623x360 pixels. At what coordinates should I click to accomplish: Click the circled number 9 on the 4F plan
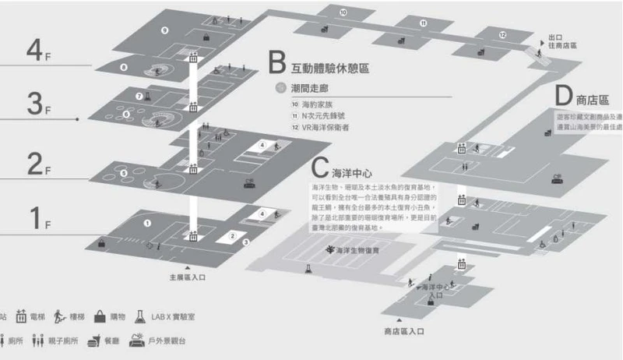[x=164, y=30]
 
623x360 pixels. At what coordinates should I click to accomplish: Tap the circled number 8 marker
[x=125, y=67]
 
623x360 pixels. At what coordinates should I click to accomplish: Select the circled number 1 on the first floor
[x=146, y=223]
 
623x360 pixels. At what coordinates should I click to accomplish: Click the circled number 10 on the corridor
[x=343, y=12]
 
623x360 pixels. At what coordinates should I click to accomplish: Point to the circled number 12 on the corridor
[x=502, y=35]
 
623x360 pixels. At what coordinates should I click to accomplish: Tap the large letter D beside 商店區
[x=564, y=97]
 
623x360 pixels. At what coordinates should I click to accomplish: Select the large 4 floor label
[x=35, y=53]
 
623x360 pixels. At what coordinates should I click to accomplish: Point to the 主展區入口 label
[x=188, y=277]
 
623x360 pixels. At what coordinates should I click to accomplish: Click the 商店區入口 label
[x=403, y=331]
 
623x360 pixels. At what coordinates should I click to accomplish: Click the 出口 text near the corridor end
[x=555, y=37]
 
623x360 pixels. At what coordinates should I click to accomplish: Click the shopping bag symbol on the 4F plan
[x=206, y=37]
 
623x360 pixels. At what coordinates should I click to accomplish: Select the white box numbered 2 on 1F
[x=231, y=235]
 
